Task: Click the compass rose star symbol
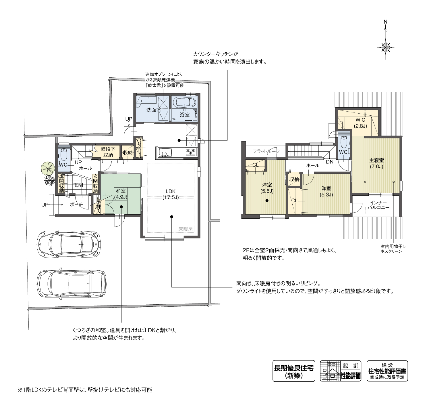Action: tap(386, 47)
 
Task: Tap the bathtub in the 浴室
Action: tap(184, 102)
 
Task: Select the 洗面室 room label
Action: tap(154, 110)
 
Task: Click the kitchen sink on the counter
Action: tap(165, 153)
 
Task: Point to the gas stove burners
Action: tap(191, 151)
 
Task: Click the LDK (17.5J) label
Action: tap(171, 194)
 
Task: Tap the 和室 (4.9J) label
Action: tap(121, 194)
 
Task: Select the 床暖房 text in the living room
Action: tap(186, 229)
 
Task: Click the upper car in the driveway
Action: tap(69, 244)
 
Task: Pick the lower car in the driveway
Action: tap(72, 283)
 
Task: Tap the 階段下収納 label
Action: tap(108, 152)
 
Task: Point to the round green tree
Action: tap(48, 168)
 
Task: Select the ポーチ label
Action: tap(76, 205)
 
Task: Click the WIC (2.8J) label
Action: tap(360, 123)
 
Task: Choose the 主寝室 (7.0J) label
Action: tap(376, 163)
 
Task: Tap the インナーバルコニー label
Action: tap(378, 205)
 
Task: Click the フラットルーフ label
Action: tap(266, 151)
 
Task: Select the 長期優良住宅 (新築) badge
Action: tap(294, 371)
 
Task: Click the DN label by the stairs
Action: tap(330, 162)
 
